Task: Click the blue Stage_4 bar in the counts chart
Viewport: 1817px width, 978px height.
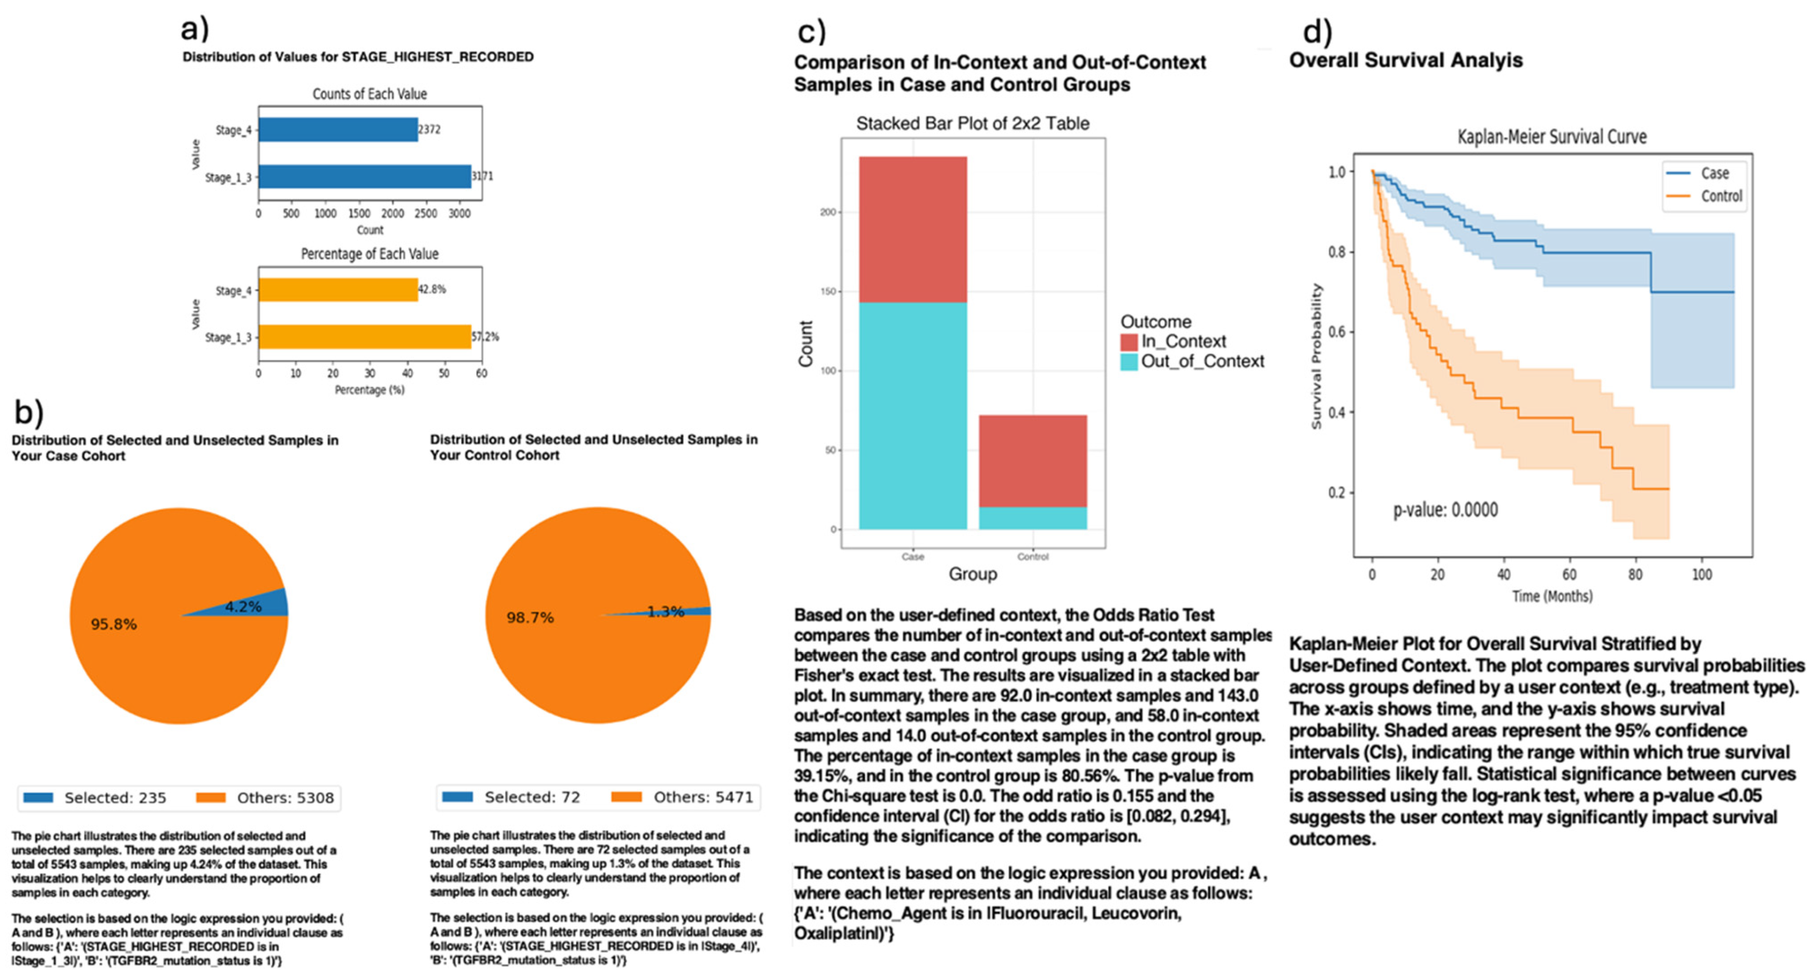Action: (x=337, y=130)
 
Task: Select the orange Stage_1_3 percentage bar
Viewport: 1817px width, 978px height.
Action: (x=364, y=337)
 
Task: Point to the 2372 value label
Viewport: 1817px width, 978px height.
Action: (x=430, y=130)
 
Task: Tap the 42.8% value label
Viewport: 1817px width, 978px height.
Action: (x=431, y=289)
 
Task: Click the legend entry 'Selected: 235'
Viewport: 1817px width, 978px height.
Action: (x=96, y=798)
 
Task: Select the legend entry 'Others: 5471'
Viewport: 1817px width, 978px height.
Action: (x=684, y=797)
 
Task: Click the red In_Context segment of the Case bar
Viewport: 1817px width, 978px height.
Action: (x=912, y=229)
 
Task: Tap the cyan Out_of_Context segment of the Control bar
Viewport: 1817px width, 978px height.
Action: (x=1033, y=518)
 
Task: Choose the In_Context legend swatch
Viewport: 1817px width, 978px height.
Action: (x=1129, y=342)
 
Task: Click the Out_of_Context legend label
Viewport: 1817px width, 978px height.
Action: (x=1202, y=361)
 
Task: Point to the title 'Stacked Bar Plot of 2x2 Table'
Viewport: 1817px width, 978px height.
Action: (x=972, y=124)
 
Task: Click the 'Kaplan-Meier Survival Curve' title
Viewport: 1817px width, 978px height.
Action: (x=1552, y=137)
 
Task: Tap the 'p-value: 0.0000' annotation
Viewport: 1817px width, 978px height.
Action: (x=1445, y=509)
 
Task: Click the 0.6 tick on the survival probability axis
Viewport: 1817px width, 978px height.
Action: (x=1336, y=332)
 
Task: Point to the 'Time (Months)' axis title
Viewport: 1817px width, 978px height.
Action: (x=1552, y=596)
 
